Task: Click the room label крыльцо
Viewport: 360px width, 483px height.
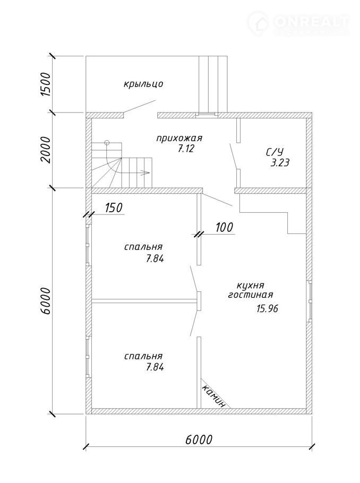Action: click(143, 84)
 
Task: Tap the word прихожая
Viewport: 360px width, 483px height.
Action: click(179, 139)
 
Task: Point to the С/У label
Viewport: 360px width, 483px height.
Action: click(275, 153)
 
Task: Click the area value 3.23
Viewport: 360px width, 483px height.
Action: click(280, 163)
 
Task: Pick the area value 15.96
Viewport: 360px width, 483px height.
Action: click(267, 308)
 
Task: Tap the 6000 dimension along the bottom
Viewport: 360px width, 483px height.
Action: click(199, 440)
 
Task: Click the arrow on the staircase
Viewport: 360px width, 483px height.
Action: click(145, 172)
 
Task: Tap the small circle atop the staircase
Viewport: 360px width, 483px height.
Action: click(106, 142)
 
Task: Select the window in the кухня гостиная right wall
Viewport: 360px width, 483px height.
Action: click(310, 300)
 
